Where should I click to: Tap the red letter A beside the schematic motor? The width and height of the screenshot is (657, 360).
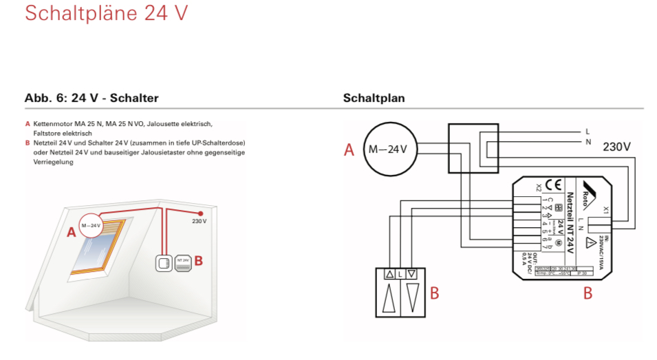coord(349,150)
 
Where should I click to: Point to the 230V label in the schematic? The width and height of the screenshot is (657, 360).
coord(617,147)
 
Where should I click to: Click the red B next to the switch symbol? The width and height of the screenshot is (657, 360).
coord(434,293)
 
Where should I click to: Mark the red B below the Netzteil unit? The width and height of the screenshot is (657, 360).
coord(588,293)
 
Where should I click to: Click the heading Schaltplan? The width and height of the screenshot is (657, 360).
coord(374,98)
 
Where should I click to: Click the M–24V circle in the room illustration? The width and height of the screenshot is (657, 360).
coord(91,225)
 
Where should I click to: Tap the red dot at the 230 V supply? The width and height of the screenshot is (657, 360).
coord(200,213)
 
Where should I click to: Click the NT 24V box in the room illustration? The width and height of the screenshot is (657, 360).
coord(183,262)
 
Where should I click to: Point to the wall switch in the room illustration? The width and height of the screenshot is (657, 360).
coord(164,262)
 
